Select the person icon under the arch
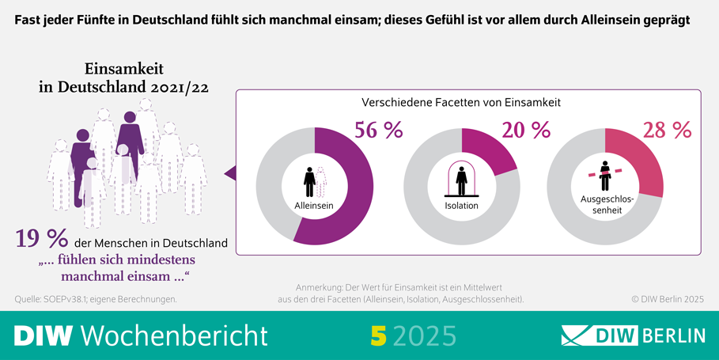(461, 180)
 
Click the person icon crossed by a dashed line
(604, 172)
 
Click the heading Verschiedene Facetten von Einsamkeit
(461, 103)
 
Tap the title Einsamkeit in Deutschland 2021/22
(123, 79)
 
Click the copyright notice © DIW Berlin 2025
(667, 299)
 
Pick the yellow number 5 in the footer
(378, 335)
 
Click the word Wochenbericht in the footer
(175, 335)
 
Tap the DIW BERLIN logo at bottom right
(633, 335)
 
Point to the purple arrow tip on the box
(229, 172)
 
